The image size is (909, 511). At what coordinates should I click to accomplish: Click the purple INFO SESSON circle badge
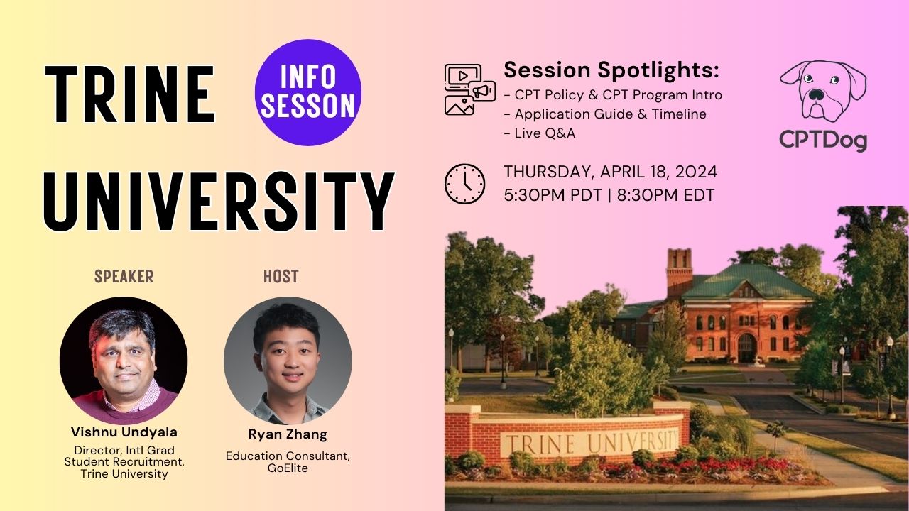[308, 92]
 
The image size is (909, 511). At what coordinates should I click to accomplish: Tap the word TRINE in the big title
[129, 94]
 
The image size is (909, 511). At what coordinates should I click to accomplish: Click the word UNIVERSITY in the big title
[219, 202]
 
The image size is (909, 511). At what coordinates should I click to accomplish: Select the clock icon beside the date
[464, 184]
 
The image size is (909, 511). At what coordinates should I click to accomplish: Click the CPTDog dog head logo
[823, 91]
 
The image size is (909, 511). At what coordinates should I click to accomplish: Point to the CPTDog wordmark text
[823, 141]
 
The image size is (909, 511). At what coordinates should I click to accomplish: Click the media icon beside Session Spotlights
[470, 89]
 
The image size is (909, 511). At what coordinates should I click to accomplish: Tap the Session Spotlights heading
[611, 70]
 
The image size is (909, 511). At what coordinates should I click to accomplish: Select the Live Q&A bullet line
[539, 133]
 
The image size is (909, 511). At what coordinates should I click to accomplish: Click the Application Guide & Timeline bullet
[605, 114]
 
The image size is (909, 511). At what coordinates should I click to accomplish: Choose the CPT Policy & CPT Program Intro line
[613, 95]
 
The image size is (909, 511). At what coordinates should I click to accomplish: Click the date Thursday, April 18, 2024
[610, 172]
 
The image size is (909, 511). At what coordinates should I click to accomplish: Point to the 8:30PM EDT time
[665, 195]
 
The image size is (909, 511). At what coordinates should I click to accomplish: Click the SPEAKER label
[124, 276]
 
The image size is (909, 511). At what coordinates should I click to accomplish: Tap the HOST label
[281, 276]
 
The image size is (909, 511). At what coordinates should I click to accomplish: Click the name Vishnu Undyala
[124, 432]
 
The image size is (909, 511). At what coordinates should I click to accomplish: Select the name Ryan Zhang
[288, 434]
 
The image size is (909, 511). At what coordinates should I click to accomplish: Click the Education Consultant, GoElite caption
[288, 462]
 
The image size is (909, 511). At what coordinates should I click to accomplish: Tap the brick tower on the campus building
[680, 273]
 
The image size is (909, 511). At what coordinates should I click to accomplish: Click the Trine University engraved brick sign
[589, 441]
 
